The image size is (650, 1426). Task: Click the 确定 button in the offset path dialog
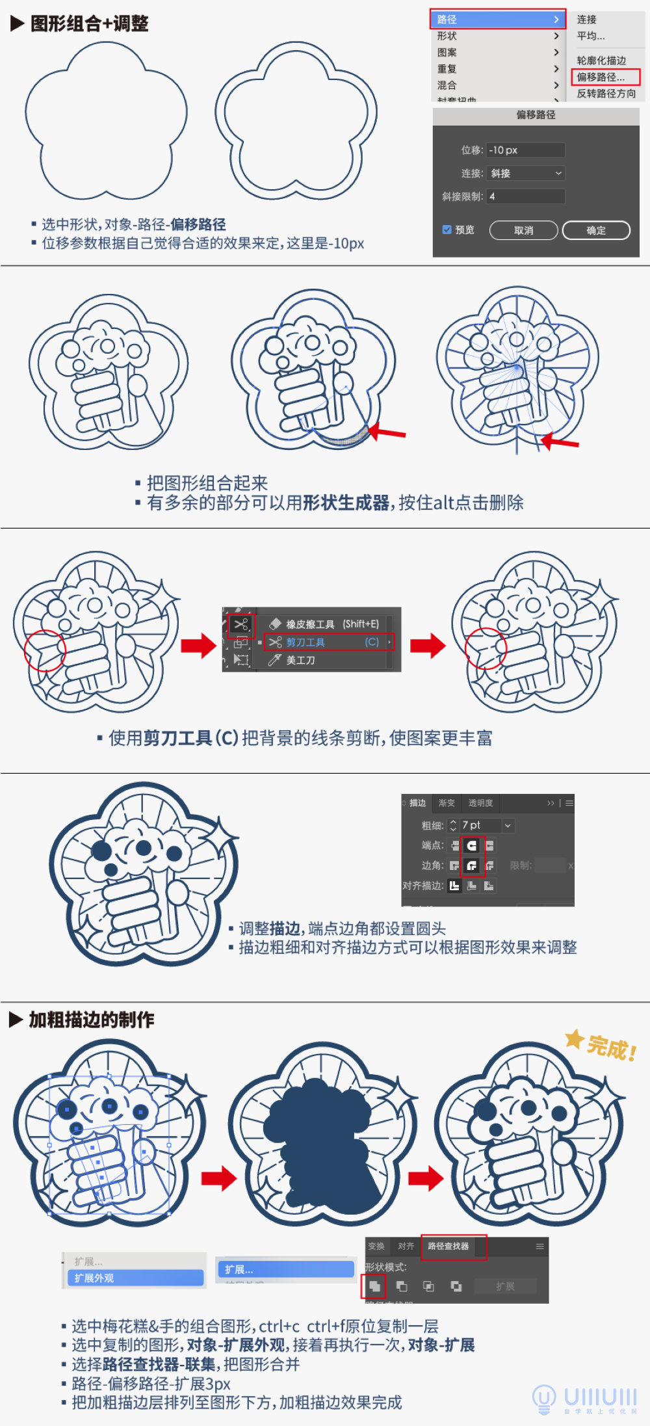[x=595, y=230]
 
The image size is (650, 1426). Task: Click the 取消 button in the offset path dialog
[x=523, y=230]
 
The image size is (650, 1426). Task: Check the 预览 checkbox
[x=447, y=230]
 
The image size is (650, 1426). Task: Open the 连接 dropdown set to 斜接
[x=526, y=173]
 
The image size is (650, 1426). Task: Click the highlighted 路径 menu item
[x=497, y=20]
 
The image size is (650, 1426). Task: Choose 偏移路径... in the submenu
[x=604, y=77]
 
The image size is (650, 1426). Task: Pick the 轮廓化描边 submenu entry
[x=601, y=60]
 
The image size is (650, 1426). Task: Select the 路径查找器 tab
[x=448, y=1246]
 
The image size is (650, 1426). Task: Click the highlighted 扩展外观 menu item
[x=135, y=1278]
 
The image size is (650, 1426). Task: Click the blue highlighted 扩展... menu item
[x=285, y=1269]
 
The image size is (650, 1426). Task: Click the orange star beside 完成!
[x=574, y=1038]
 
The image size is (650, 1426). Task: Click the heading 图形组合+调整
[x=89, y=24]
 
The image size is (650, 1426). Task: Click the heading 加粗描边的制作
[x=91, y=1020]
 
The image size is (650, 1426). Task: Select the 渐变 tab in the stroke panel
[x=447, y=803]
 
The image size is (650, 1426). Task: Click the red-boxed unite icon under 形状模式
[x=374, y=1286]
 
